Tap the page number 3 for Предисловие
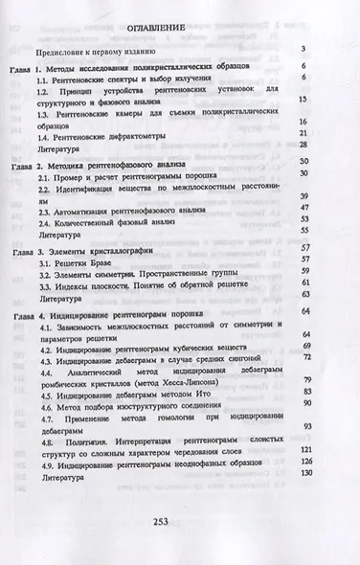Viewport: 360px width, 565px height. (301, 49)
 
